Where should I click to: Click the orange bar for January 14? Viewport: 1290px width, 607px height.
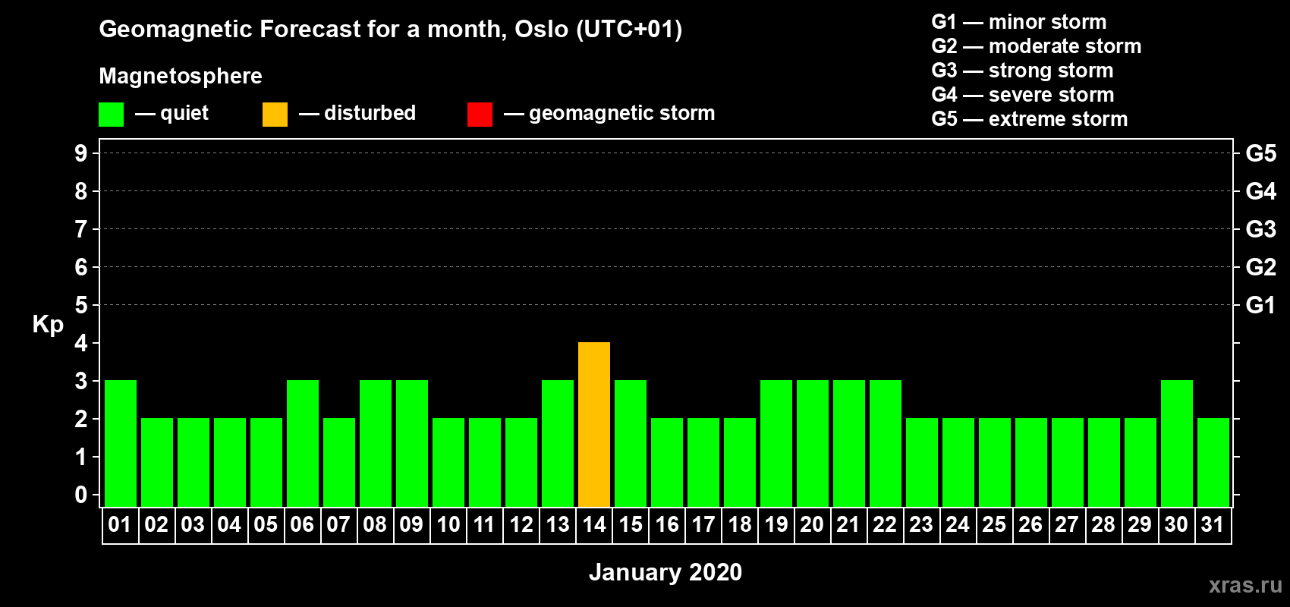pos(593,424)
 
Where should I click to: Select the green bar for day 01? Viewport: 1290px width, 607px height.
pos(121,443)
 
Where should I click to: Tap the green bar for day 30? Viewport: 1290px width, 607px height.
pos(1176,443)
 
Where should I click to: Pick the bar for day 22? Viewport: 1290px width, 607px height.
pos(885,443)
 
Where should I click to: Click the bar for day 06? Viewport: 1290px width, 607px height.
pos(302,443)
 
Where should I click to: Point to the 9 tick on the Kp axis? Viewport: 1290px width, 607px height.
pos(80,153)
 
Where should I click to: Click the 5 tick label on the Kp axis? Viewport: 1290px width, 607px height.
pos(80,305)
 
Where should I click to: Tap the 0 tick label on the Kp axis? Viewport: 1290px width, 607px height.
pos(80,495)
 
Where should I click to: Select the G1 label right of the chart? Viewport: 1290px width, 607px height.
pos(1260,305)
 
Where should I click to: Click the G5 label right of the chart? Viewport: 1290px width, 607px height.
pos(1260,153)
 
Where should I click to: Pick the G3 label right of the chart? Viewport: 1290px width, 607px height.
pos(1260,229)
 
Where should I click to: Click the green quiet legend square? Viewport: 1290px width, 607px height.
pos(111,114)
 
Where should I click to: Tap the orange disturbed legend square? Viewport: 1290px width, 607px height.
pos(275,114)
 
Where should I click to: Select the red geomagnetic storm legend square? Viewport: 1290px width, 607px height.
pos(480,114)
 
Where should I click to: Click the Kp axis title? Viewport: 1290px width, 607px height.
pos(48,325)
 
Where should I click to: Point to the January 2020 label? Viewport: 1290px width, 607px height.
pos(665,572)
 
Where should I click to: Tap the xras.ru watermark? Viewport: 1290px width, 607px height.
pos(1245,585)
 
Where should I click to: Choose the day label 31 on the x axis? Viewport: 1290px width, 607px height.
pos(1213,524)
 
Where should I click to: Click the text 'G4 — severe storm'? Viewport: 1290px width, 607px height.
pos(1022,94)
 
